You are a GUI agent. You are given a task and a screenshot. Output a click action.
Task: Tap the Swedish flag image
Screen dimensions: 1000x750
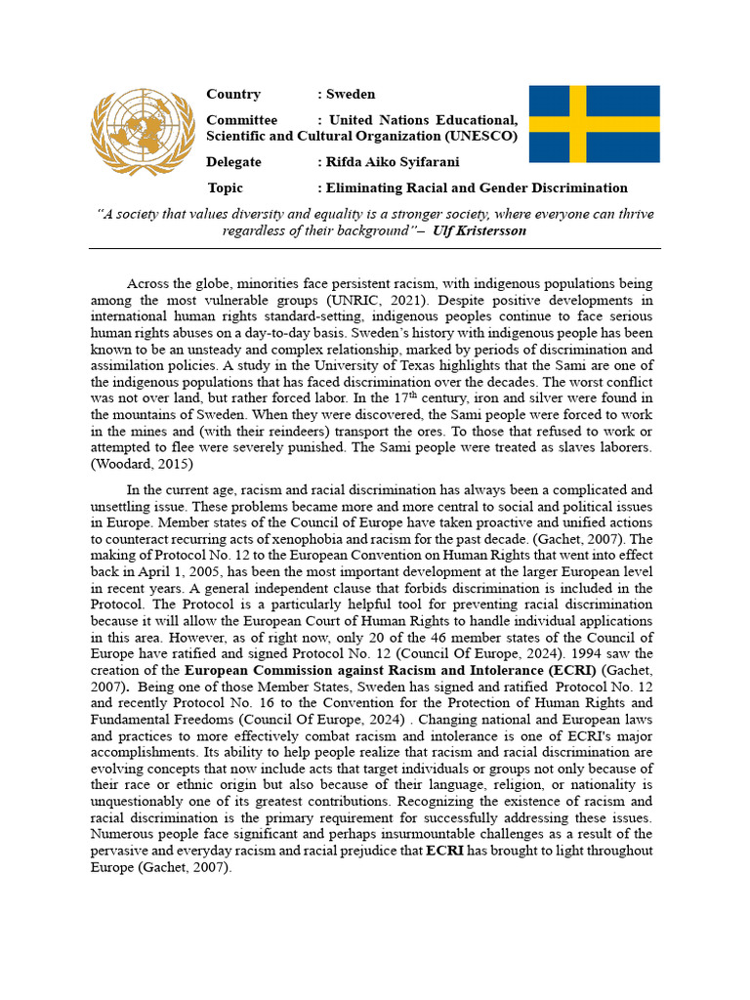point(594,124)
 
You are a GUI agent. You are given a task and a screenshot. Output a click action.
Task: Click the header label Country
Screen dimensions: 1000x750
point(233,95)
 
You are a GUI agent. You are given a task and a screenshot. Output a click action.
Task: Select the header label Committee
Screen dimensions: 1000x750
point(241,120)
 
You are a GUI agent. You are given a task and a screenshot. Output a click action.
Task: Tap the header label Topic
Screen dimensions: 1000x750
point(226,187)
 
